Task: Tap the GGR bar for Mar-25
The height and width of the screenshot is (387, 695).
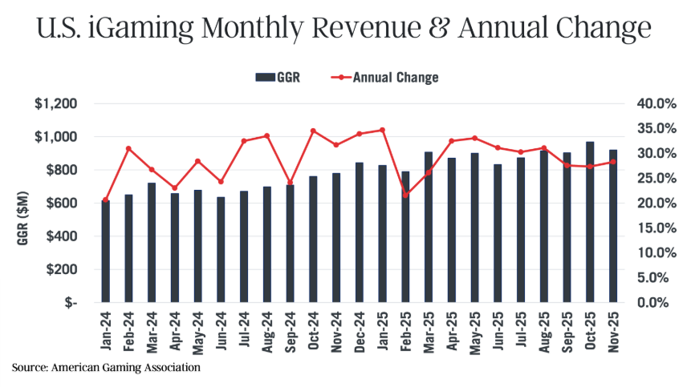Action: point(429,228)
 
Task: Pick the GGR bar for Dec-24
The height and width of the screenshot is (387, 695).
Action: point(359,233)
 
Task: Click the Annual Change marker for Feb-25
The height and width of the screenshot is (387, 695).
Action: point(405,195)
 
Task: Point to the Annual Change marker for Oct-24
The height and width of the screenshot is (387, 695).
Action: point(313,131)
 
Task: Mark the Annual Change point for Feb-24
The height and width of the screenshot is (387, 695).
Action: point(128,148)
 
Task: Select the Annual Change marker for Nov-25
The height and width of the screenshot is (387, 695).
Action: point(613,162)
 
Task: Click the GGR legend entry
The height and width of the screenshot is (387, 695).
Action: point(278,78)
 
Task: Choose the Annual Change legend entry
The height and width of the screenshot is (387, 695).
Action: point(384,78)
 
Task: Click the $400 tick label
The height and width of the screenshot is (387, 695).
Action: point(60,236)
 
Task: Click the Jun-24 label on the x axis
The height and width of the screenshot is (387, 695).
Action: point(221,331)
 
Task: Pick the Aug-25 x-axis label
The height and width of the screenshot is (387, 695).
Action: point(544,331)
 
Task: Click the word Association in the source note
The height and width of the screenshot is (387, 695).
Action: point(167,367)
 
